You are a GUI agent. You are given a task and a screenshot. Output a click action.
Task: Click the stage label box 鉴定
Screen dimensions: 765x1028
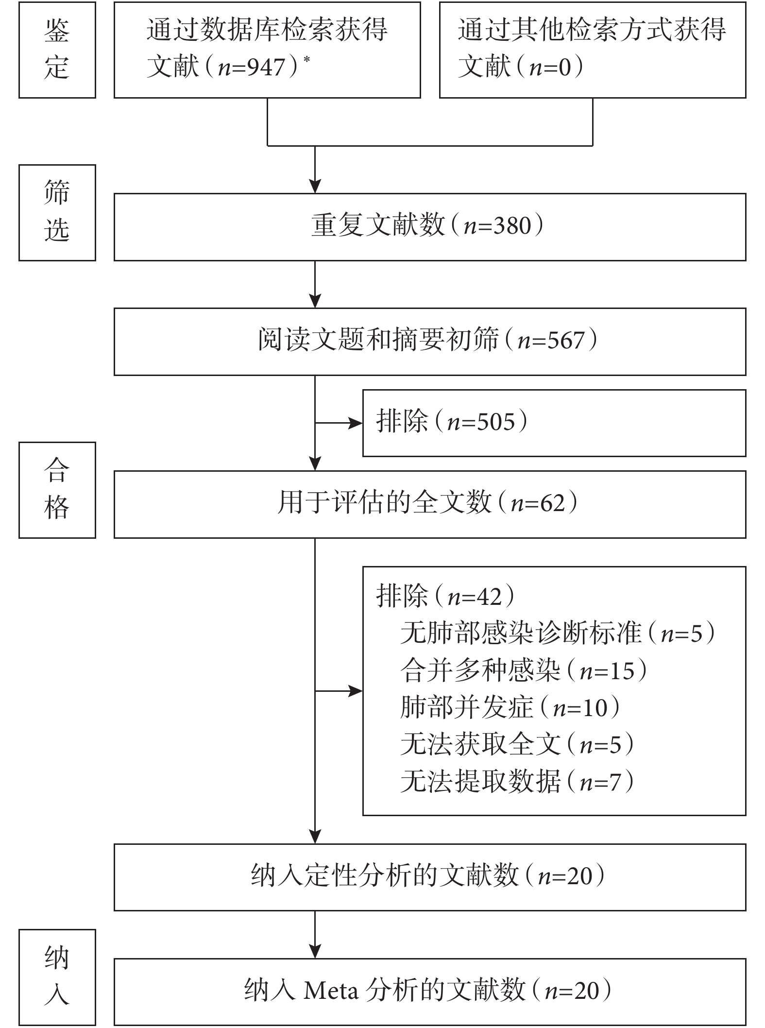(57, 50)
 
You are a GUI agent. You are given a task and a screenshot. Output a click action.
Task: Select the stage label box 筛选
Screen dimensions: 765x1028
(57, 213)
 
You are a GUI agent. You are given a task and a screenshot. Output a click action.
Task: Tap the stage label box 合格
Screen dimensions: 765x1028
(57, 490)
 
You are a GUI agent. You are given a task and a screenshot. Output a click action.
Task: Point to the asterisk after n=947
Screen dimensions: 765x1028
(306, 59)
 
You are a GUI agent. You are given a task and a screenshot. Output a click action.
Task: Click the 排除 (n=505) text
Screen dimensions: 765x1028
(452, 422)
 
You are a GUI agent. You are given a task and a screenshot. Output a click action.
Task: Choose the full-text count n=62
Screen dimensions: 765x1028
(538, 503)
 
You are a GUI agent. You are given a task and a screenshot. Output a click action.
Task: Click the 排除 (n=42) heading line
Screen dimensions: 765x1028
(445, 596)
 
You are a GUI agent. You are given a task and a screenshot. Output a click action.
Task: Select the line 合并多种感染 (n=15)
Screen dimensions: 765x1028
(524, 671)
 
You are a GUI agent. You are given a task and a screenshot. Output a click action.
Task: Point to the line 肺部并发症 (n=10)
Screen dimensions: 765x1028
(510, 708)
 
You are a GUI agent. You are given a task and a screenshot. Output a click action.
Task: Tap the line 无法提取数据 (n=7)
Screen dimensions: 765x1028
(517, 782)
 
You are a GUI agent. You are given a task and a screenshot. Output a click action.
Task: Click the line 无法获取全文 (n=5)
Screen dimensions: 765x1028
(517, 745)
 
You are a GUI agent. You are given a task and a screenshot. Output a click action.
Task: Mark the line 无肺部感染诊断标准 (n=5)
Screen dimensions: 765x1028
(558, 634)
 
